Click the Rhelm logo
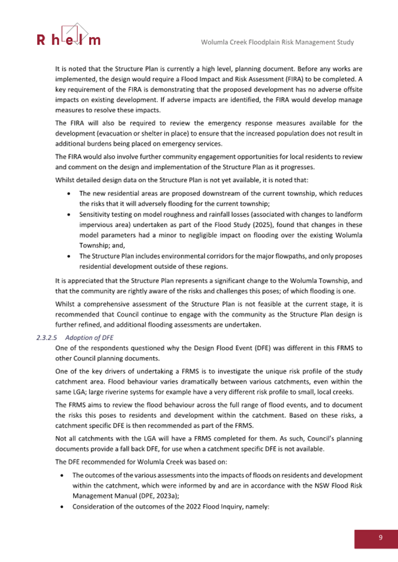coord(69,36)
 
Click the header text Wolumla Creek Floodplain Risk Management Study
coord(277,42)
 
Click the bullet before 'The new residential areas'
coord(71,194)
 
